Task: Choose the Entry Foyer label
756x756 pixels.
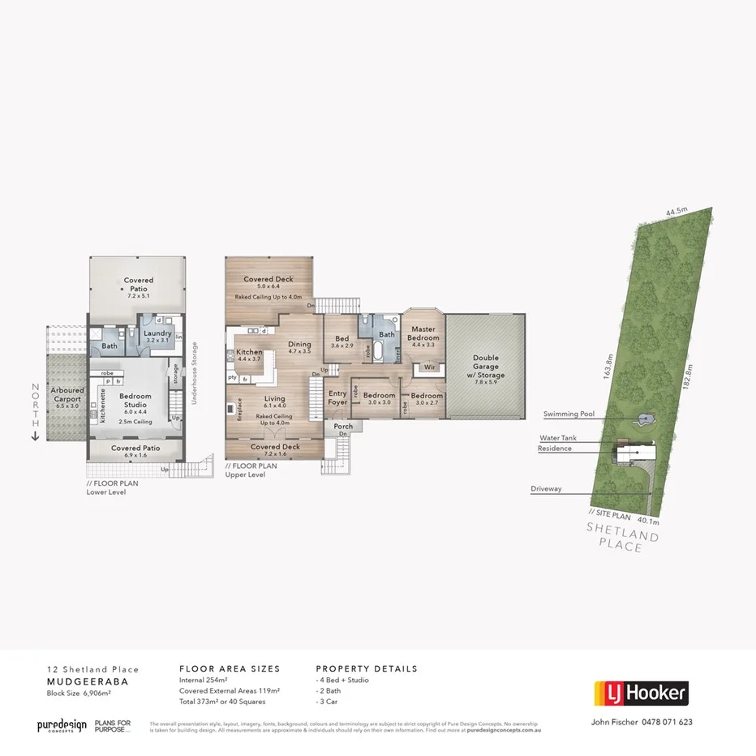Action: point(337,397)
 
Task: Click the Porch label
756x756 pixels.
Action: point(343,426)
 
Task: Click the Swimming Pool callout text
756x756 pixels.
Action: point(569,414)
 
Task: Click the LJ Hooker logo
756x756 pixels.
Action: point(641,694)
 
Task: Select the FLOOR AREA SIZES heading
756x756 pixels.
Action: point(229,669)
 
